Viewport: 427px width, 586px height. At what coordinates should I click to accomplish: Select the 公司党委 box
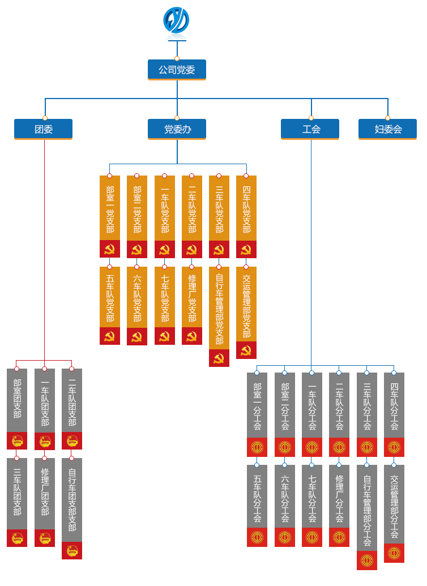(x=177, y=70)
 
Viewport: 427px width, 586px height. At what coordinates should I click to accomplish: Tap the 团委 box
(x=44, y=129)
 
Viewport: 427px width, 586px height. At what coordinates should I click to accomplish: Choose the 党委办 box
(x=177, y=129)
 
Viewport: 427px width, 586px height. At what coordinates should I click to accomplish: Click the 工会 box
(x=310, y=129)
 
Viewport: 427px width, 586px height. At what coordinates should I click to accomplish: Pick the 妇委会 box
(x=388, y=129)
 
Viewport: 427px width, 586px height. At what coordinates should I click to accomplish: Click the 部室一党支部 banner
(x=110, y=209)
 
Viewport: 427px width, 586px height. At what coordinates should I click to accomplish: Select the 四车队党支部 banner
(x=246, y=209)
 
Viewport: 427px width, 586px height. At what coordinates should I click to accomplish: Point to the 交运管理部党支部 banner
(x=246, y=306)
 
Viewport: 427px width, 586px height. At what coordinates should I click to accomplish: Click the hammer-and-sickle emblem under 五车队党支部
(x=110, y=336)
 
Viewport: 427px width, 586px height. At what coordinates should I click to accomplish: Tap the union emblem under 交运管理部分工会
(x=394, y=553)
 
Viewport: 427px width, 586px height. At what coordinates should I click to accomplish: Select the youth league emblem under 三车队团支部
(x=17, y=538)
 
